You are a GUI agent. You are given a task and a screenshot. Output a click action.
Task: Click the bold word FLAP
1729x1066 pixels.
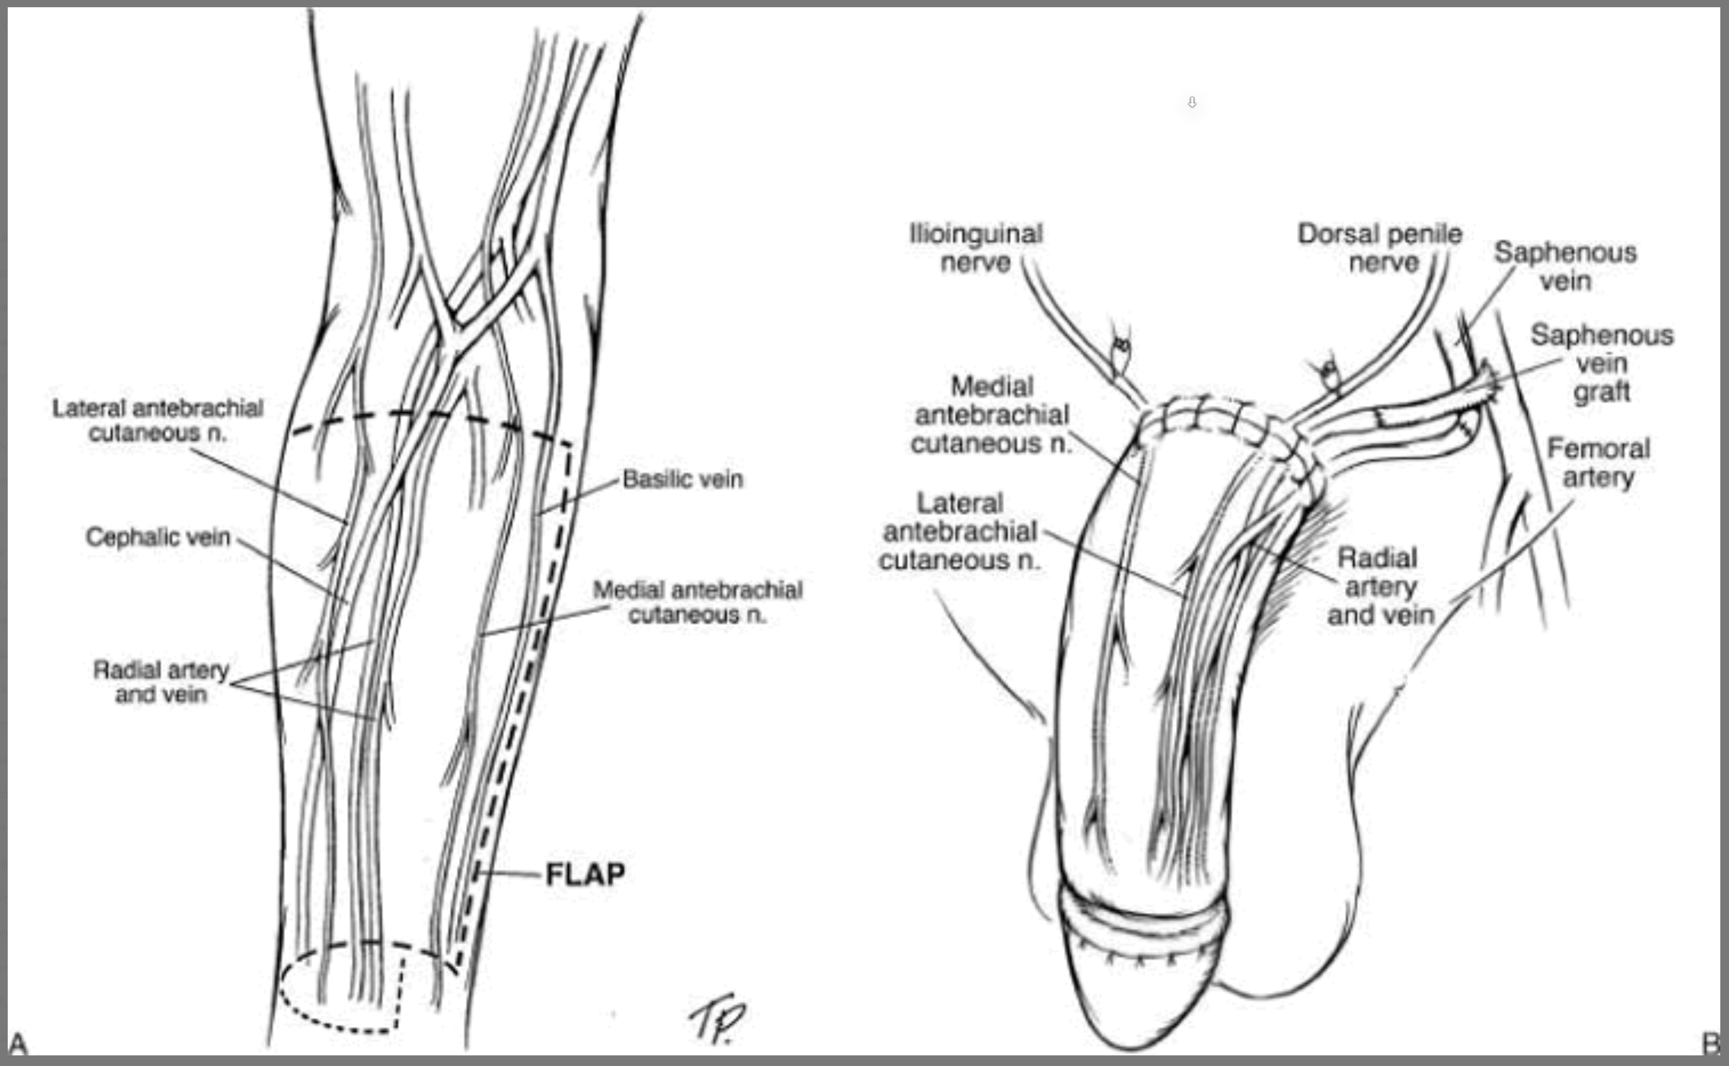pos(585,875)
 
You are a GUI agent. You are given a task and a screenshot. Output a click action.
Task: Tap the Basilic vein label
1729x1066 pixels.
pos(683,479)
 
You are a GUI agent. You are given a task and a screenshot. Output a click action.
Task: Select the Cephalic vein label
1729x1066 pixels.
pos(158,537)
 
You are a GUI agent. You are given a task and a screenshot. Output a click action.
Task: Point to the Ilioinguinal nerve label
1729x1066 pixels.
pos(976,248)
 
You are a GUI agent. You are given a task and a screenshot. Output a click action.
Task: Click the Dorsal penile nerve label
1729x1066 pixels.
pos(1380,248)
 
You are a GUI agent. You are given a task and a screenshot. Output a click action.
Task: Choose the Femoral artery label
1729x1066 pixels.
pos(1598,463)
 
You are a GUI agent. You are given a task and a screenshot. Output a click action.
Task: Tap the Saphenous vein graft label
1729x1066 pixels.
pos(1602,364)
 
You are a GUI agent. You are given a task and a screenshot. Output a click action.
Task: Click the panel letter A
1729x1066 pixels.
pos(18,1043)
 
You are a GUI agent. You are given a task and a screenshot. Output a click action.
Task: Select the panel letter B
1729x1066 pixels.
pos(1711,1043)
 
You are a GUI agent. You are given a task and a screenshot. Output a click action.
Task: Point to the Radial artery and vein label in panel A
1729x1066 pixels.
pos(161,682)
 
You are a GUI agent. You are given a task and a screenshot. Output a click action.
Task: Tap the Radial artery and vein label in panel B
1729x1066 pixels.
pos(1380,587)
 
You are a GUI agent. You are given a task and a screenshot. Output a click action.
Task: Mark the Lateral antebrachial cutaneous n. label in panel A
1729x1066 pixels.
pos(158,420)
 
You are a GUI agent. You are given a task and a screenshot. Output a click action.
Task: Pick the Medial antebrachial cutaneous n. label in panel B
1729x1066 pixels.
pos(991,415)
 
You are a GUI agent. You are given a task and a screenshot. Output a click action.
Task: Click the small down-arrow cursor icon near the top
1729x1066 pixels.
pos(1192,102)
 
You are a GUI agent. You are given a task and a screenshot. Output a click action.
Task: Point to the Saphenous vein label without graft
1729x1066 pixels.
pos(1565,266)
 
